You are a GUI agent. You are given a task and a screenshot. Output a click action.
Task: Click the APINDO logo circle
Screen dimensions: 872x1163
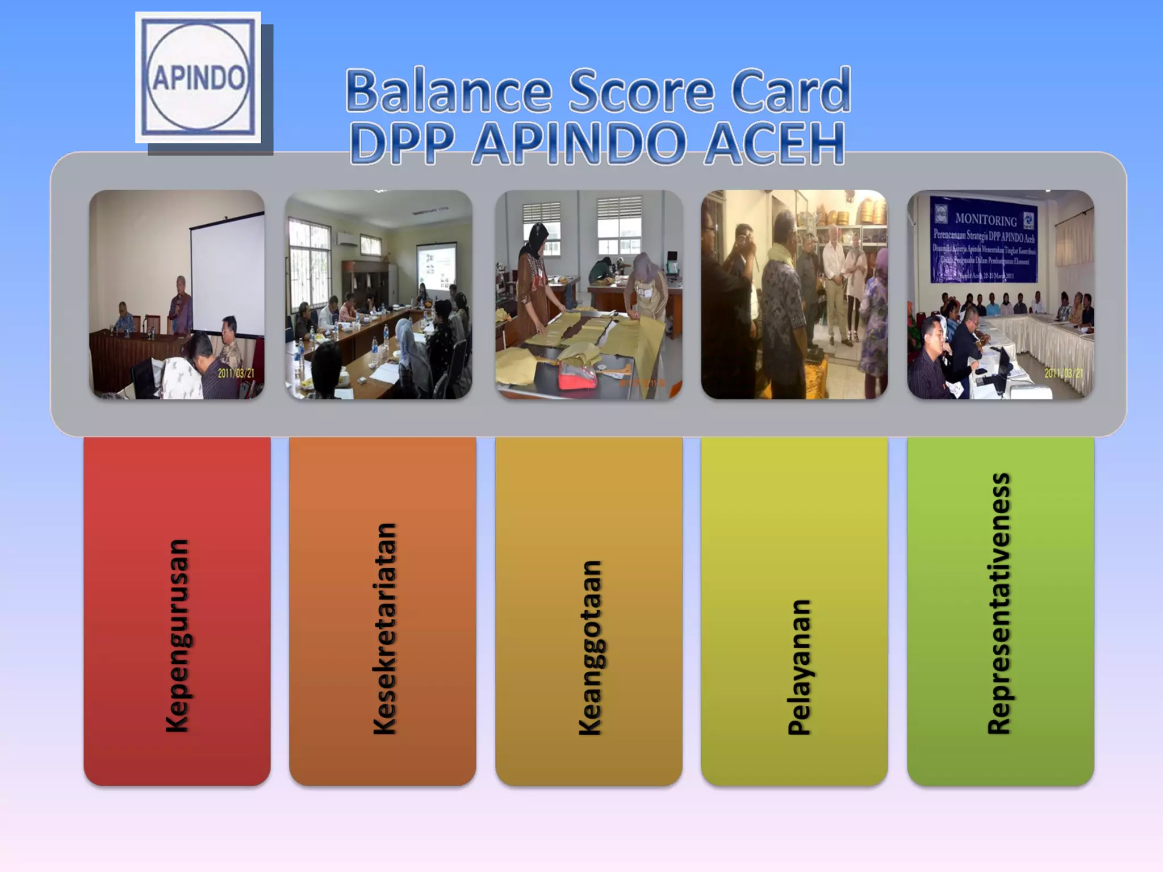(x=198, y=77)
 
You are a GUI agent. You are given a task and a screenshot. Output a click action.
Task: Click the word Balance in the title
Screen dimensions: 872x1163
(x=449, y=91)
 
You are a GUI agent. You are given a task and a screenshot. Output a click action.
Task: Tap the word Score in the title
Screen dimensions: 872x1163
(x=642, y=91)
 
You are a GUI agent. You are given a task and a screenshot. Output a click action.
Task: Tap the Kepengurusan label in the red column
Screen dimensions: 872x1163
(x=177, y=636)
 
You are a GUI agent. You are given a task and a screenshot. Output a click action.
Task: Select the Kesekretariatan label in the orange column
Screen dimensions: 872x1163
(x=384, y=629)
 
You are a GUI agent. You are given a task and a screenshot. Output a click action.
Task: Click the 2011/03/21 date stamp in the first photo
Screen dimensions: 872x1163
(x=236, y=373)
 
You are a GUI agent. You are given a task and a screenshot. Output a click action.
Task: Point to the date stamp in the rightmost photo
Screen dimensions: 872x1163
(x=1064, y=373)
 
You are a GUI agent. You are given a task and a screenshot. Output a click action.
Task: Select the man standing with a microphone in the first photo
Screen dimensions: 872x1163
(x=181, y=307)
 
